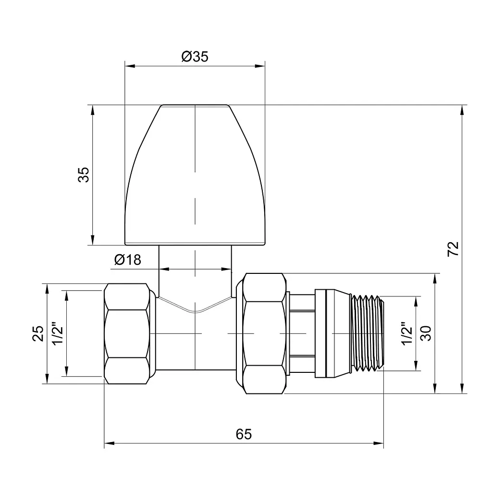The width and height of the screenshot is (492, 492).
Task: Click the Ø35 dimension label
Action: coord(195,57)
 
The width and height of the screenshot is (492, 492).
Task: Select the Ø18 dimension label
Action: coord(128,260)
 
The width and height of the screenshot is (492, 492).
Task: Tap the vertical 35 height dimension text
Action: coord(84,175)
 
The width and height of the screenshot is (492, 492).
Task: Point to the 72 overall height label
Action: coord(453,249)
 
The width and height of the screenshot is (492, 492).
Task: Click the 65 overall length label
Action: coord(244,434)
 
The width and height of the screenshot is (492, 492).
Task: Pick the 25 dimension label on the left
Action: coord(38,333)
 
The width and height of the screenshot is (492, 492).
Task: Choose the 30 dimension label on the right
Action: coord(426,333)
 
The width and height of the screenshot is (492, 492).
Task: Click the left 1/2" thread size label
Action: coord(58,333)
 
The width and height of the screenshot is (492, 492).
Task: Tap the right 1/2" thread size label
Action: coord(407,333)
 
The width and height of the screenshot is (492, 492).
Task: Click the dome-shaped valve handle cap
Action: coord(195,175)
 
